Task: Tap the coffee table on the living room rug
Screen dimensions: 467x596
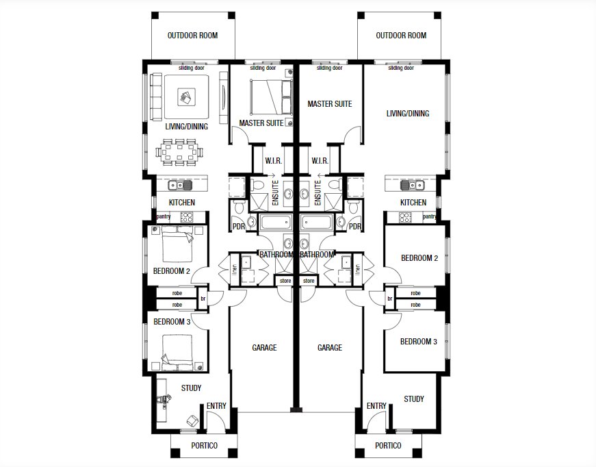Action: tap(185, 98)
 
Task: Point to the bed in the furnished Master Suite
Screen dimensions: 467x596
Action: tap(268, 97)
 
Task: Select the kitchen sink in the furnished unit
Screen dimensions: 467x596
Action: tap(181, 185)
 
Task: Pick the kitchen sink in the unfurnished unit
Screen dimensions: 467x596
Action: tap(413, 185)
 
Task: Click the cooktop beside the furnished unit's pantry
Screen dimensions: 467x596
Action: tap(187, 217)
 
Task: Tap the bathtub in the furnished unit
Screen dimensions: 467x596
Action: tap(272, 222)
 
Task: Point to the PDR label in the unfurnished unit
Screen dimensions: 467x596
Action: tap(355, 227)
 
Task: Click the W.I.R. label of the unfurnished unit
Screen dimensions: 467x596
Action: tap(320, 161)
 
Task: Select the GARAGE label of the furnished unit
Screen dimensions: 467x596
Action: tap(264, 348)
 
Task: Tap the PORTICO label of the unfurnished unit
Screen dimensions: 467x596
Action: tap(388, 446)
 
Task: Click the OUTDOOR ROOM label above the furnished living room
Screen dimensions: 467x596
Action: tap(192, 36)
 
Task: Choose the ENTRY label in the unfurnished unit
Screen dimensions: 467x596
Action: tap(376, 406)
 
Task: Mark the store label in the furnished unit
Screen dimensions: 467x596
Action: tap(283, 281)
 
